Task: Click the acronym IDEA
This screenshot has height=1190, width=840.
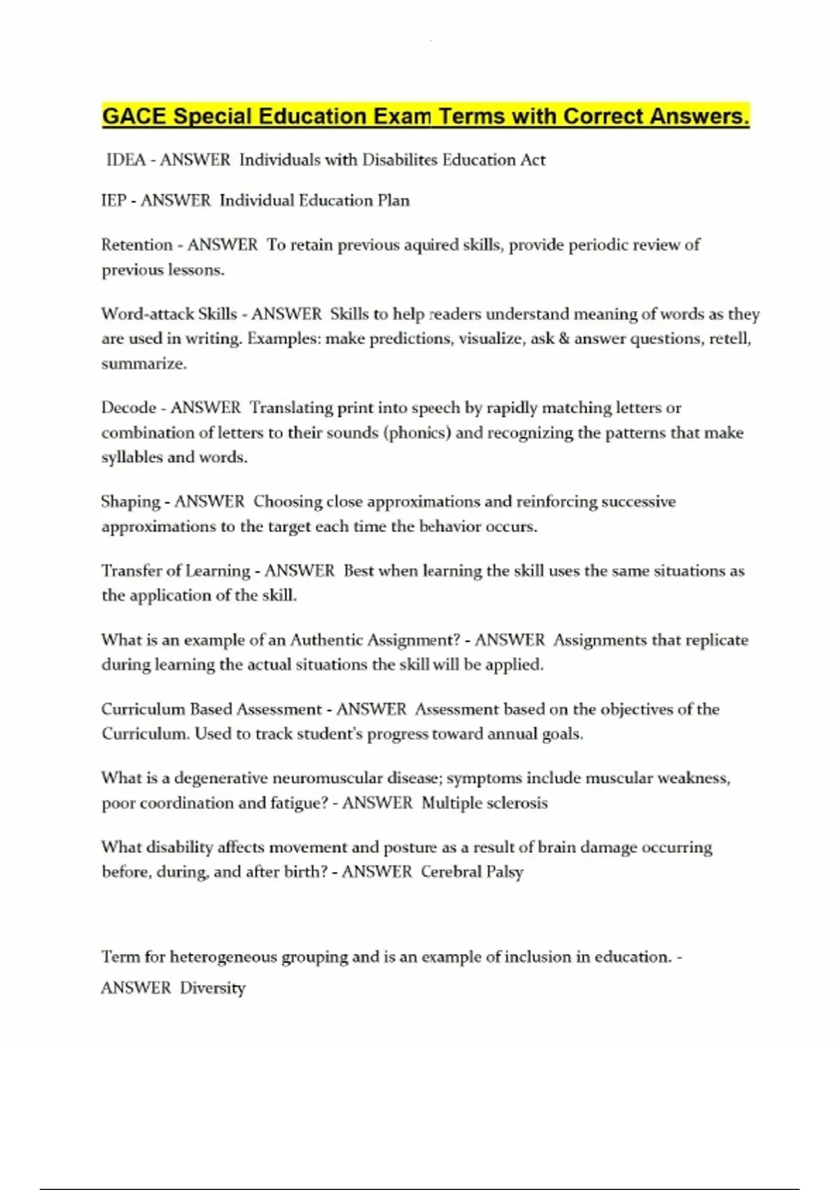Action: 125,160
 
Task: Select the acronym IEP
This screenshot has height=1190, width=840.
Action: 113,201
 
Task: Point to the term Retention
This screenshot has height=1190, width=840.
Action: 136,245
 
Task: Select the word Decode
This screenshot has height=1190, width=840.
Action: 128,408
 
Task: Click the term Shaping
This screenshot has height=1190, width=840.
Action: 130,502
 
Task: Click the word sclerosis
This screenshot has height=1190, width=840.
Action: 516,803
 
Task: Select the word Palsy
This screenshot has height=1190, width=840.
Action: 505,873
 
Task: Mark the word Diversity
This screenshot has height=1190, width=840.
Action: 213,988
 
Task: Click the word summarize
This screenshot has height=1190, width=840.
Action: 143,364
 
